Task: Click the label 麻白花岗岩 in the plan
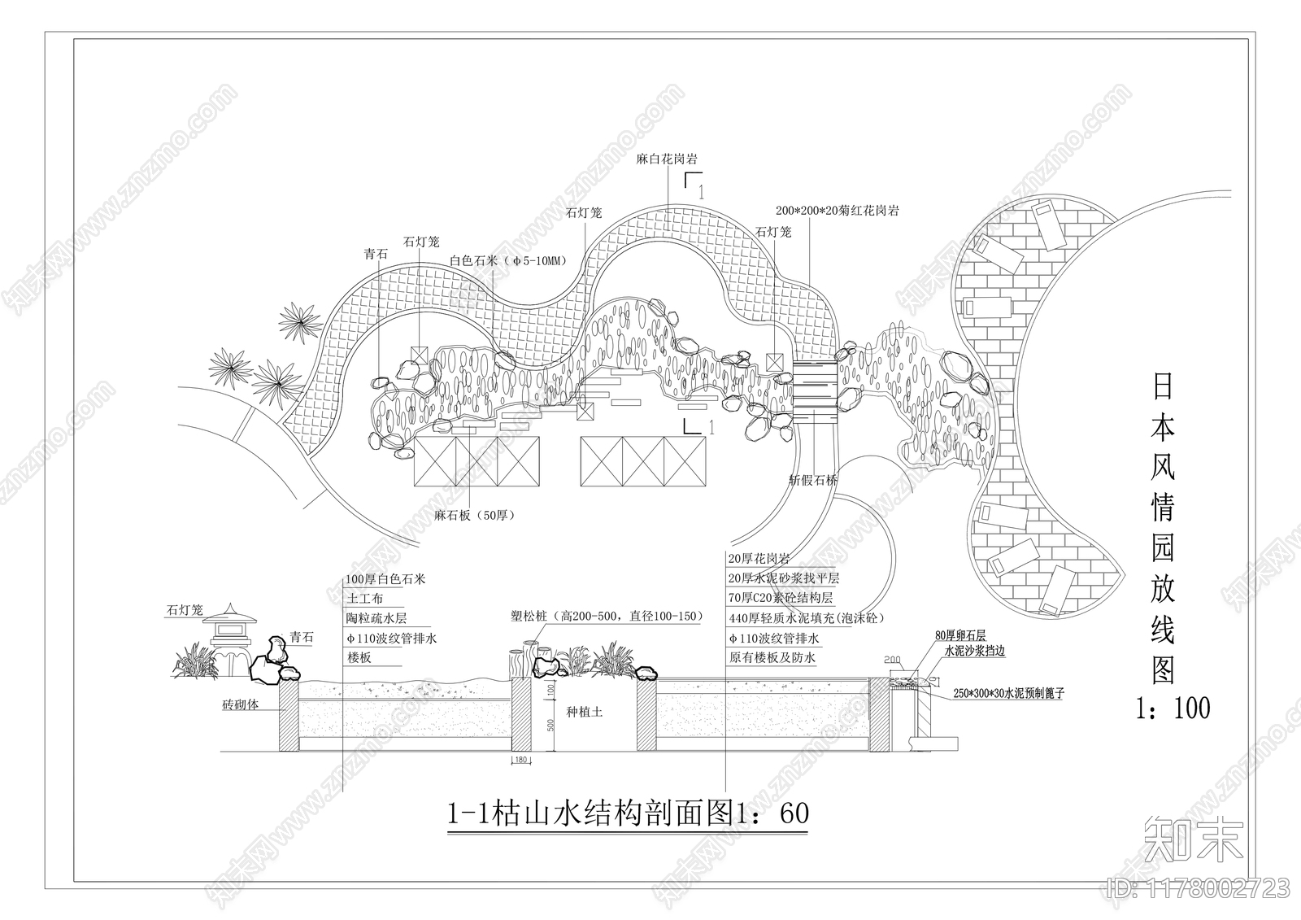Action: click(x=667, y=159)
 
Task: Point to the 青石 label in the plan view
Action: click(x=375, y=255)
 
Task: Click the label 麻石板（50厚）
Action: click(x=473, y=516)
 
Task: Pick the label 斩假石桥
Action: click(x=813, y=480)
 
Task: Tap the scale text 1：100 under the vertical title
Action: click(x=1172, y=708)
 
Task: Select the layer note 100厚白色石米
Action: click(x=385, y=580)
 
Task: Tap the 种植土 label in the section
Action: click(x=585, y=712)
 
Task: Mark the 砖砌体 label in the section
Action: click(x=241, y=705)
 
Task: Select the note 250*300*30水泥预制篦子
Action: click(x=1008, y=694)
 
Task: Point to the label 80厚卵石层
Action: click(x=960, y=634)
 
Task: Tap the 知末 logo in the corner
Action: click(x=1193, y=839)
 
